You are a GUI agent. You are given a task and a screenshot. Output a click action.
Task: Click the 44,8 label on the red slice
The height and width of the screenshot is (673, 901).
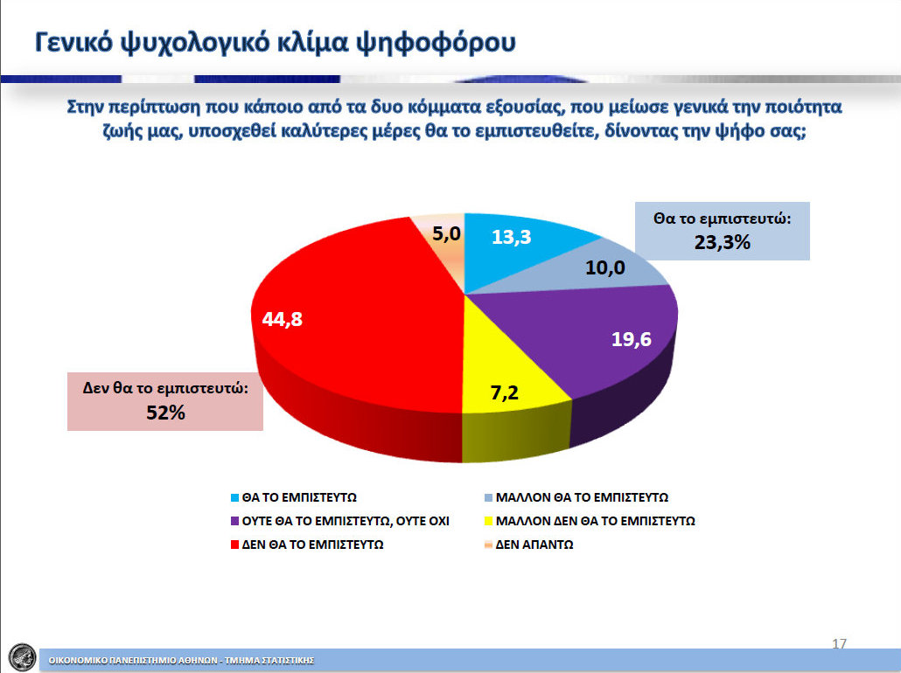pos(283,319)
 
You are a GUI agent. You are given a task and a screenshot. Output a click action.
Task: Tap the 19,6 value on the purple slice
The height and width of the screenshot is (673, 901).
pos(631,339)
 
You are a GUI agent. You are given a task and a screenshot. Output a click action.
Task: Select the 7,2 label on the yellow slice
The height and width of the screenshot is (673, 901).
pos(505,392)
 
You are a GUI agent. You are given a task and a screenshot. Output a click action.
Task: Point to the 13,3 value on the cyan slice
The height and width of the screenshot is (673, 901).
pos(512,237)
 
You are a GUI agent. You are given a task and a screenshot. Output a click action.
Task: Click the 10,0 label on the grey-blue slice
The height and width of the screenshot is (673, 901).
pos(605,267)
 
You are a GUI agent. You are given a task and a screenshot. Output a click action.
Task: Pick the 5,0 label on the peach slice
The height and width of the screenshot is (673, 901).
pos(446,233)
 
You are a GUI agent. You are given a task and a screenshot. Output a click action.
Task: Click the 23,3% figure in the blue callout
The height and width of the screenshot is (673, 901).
pos(723,242)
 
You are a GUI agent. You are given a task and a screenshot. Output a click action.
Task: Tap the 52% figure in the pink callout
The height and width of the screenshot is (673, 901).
pos(165,413)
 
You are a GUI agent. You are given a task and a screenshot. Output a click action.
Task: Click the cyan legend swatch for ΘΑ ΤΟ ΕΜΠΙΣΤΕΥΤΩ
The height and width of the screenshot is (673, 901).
pos(234,498)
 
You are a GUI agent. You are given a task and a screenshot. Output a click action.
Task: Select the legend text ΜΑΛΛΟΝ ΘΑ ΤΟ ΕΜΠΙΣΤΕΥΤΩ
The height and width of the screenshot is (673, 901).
pos(582,497)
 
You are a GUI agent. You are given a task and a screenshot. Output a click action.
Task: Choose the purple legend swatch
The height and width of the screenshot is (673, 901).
pos(234,522)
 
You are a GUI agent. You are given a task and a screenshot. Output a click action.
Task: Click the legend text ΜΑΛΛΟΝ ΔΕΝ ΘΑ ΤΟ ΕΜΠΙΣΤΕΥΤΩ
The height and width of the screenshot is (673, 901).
pos(596,521)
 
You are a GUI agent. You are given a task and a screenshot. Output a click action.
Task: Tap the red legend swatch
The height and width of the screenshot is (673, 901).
pos(234,545)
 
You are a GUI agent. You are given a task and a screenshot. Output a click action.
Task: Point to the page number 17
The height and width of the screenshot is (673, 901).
pos(840,643)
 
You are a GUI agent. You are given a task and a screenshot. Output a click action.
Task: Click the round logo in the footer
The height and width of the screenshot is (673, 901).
pos(23,657)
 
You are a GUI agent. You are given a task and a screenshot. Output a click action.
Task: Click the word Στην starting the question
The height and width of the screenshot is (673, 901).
pos(86,107)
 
